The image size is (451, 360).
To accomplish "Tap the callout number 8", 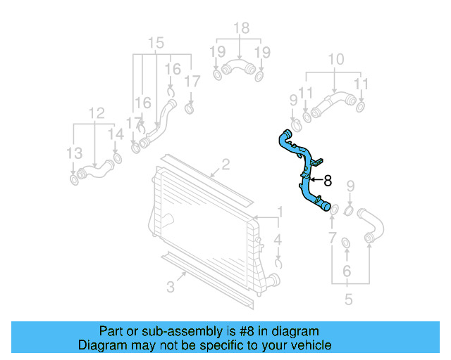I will (x=327, y=181).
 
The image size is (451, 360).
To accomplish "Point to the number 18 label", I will (x=241, y=28).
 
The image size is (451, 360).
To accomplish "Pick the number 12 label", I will (x=96, y=112).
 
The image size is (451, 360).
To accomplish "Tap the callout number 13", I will (x=74, y=153).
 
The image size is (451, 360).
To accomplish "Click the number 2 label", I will (x=225, y=165).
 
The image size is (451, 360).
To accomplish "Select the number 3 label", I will (x=171, y=286).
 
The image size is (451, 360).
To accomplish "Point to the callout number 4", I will (x=278, y=240).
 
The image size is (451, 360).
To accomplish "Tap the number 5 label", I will (x=348, y=300).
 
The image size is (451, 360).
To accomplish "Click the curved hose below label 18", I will (x=238, y=69).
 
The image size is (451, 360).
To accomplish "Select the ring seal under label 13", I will (x=74, y=181).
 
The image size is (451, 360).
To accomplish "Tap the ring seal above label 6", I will (x=346, y=243).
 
